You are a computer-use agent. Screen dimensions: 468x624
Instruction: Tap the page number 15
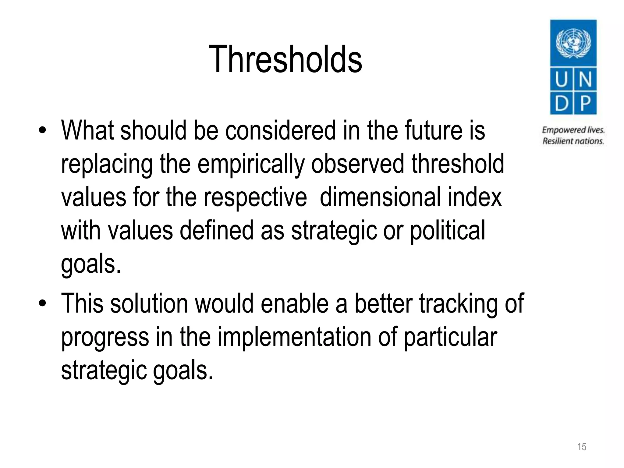pyautogui.click(x=581, y=447)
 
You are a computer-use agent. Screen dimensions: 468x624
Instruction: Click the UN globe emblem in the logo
pyautogui.click(x=573, y=43)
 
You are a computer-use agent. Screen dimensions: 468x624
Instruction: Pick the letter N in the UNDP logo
pyautogui.click(x=585, y=80)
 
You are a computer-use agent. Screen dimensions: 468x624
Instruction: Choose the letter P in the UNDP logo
pyautogui.click(x=585, y=103)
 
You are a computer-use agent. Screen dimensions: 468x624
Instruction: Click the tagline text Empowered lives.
pyautogui.click(x=573, y=130)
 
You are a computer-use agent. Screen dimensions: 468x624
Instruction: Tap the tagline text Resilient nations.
pyautogui.click(x=573, y=141)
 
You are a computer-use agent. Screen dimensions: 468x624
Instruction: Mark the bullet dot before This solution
pyautogui.click(x=42, y=303)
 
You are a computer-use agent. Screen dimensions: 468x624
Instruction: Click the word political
pyautogui.click(x=447, y=231)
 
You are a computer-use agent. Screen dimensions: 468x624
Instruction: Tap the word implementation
pyautogui.click(x=294, y=337)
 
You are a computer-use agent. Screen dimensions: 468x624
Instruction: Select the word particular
pyautogui.click(x=450, y=337)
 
